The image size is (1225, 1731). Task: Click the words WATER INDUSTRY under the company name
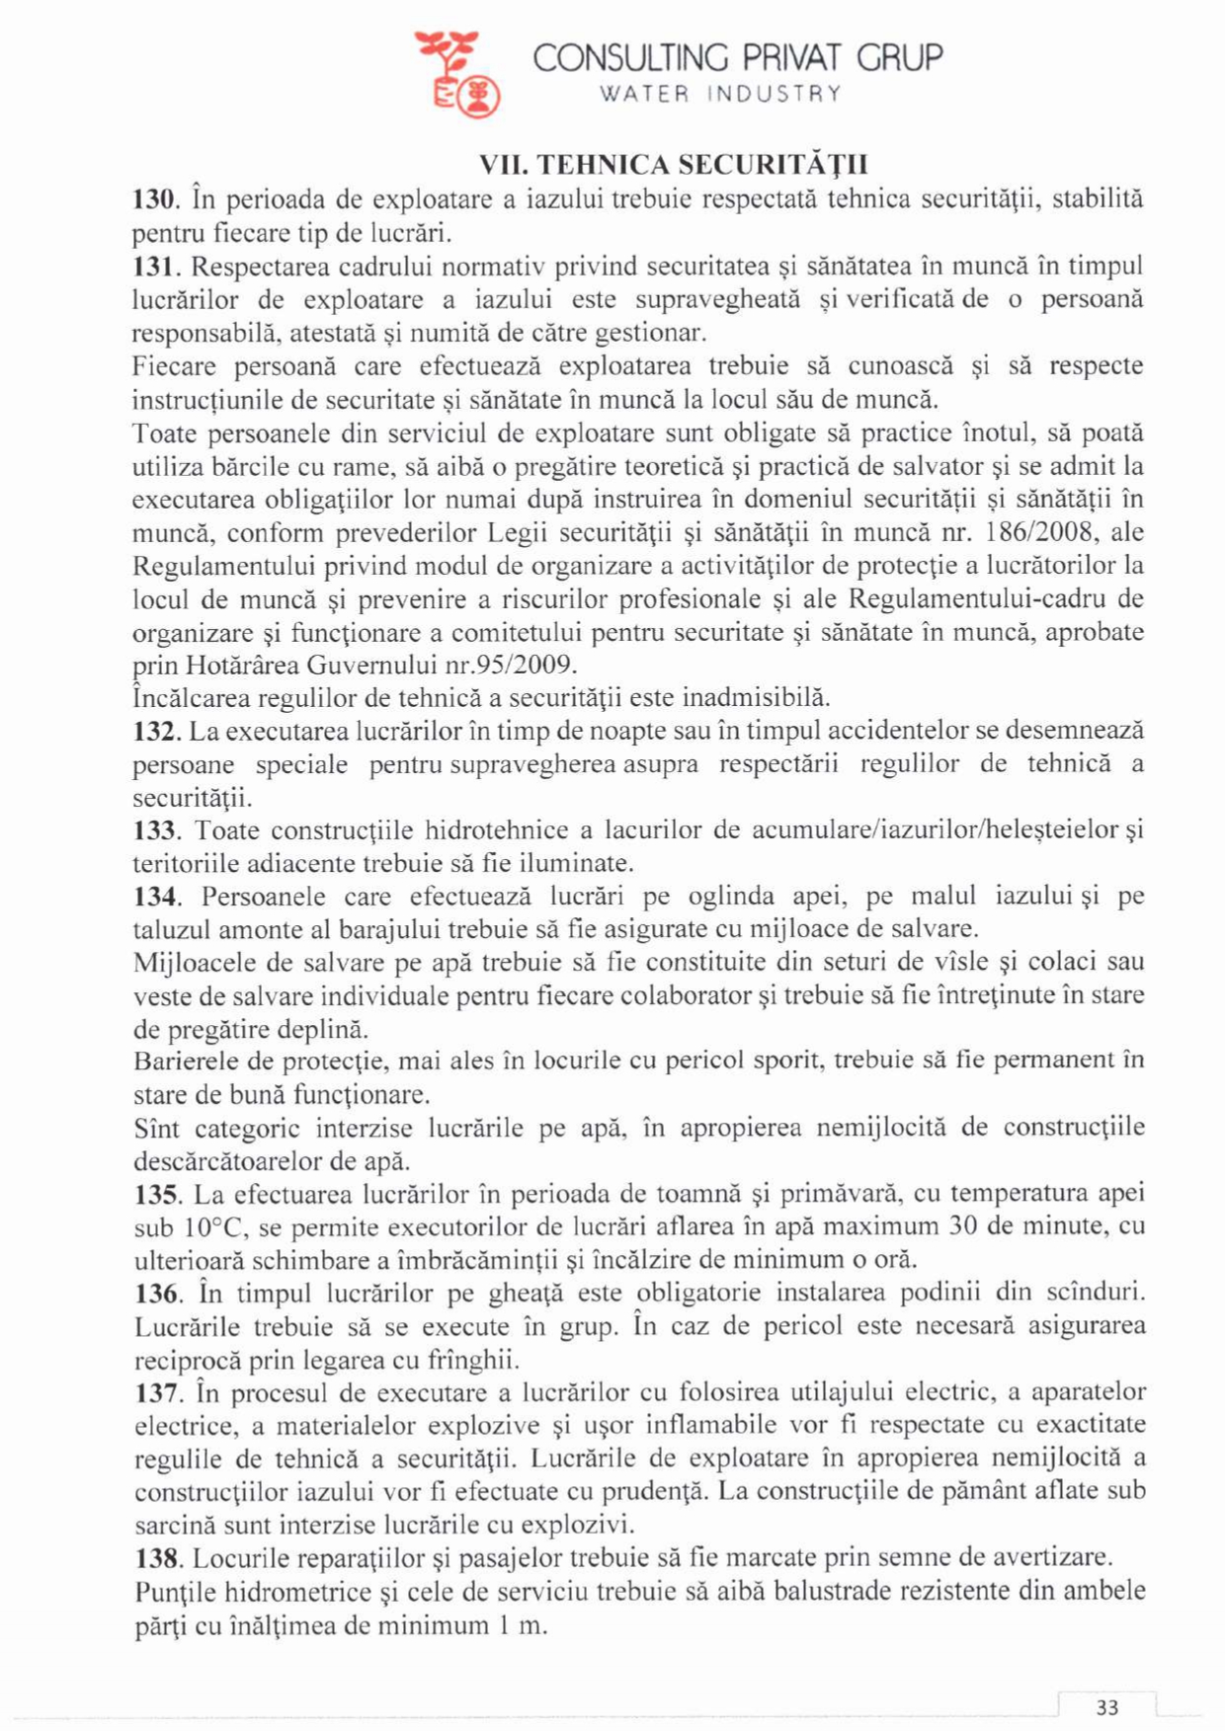pyautogui.click(x=722, y=94)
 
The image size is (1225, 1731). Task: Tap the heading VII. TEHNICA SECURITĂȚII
pyautogui.click(x=674, y=164)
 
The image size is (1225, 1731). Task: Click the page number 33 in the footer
pyautogui.click(x=1107, y=1707)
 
